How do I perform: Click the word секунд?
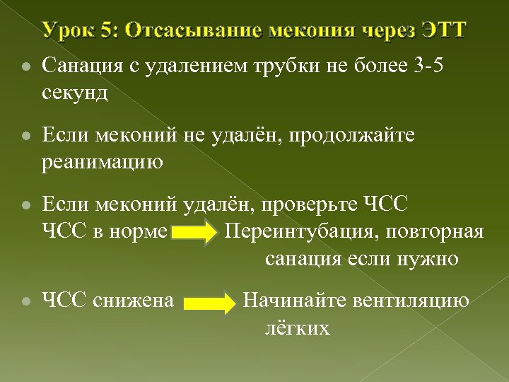pyautogui.click(x=75, y=93)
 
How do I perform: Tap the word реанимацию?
pyautogui.click(x=103, y=162)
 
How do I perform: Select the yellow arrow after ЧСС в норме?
pyautogui.click(x=195, y=233)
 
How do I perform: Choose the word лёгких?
pyautogui.click(x=298, y=328)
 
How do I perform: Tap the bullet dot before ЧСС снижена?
pyautogui.click(x=25, y=301)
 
